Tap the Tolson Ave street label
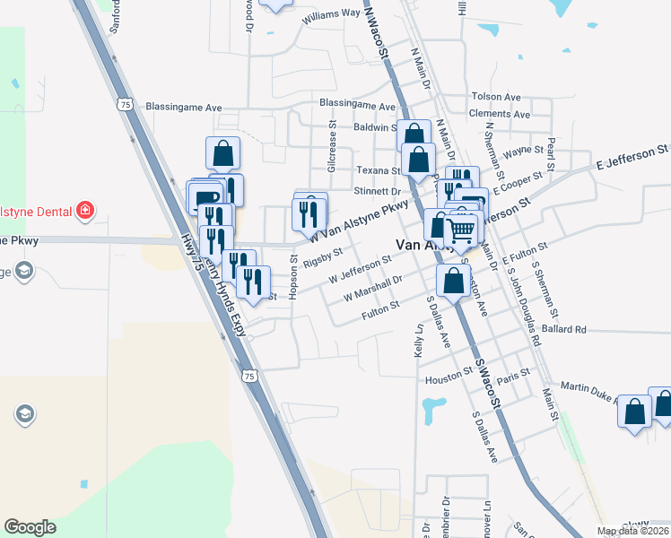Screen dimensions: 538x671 [x=495, y=97]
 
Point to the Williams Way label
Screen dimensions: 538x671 [x=331, y=15]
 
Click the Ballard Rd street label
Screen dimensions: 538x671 [x=564, y=330]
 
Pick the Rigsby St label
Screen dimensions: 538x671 [x=323, y=258]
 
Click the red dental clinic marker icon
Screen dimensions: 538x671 [x=85, y=211]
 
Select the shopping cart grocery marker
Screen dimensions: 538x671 [x=461, y=231]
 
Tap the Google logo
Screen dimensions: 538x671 [x=30, y=527]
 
